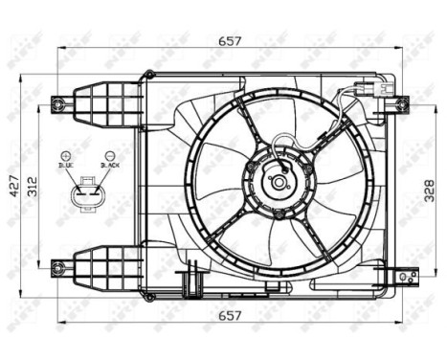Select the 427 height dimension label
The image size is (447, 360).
(x=12, y=182)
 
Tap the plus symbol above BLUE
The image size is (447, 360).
(x=66, y=154)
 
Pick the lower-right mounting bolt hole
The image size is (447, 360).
(x=402, y=274)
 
